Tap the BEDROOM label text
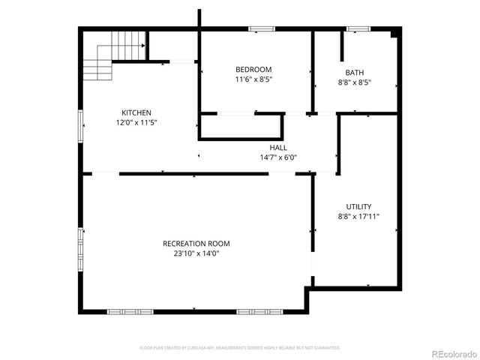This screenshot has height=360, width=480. coord(253,69)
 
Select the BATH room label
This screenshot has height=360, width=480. coord(355,72)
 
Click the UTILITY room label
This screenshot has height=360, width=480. coord(358,206)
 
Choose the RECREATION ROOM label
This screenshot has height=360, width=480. coord(196,244)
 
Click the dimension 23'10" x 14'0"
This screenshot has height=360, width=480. coord(196,253)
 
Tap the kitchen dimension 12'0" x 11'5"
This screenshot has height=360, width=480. coord(136,122)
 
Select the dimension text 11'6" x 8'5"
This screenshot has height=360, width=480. coord(253,79)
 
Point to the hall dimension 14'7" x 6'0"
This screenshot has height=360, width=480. coord(278,157)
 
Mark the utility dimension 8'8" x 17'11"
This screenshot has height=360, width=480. coord(358,216)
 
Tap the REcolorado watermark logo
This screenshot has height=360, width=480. coord(452,353)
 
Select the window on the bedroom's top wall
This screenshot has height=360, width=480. coord(261,29)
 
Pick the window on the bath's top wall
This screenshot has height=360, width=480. coord(358,29)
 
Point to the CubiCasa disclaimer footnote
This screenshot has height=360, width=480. coord(240,348)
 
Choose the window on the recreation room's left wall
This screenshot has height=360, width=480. coord(80,247)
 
